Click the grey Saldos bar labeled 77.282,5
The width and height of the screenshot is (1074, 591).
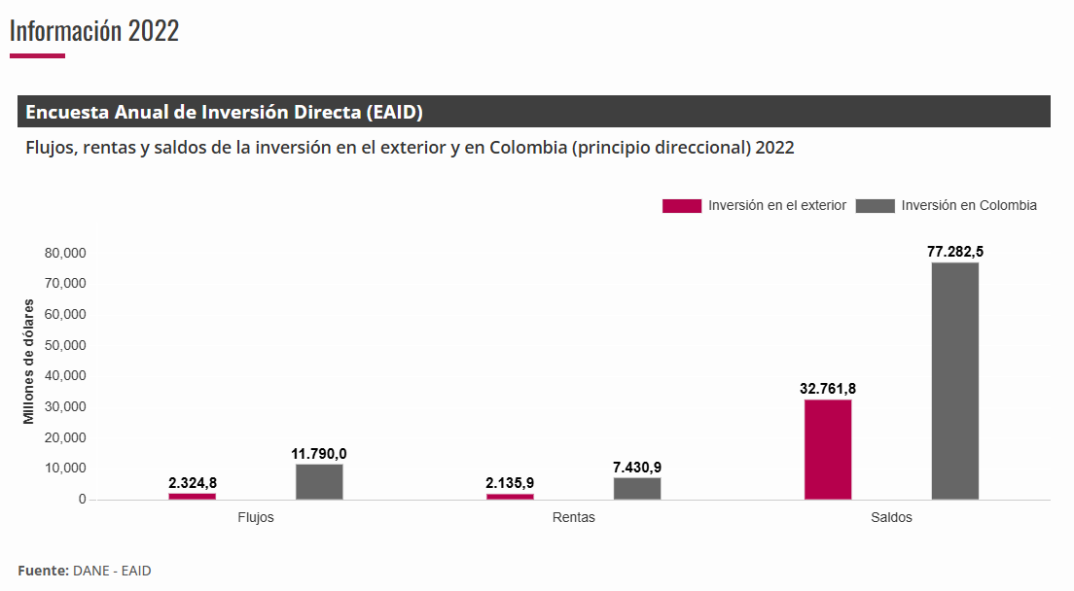tap(954, 380)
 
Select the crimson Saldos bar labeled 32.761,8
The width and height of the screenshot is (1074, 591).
tap(828, 449)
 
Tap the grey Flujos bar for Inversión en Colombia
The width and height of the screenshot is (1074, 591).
tap(319, 482)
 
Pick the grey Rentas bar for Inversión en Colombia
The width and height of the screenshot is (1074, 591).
tap(637, 488)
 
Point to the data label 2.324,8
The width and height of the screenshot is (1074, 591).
tap(193, 482)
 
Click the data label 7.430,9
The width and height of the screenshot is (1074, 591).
tap(637, 467)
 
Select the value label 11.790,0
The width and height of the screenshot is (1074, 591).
tap(319, 453)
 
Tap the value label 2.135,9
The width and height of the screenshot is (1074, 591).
tap(510, 482)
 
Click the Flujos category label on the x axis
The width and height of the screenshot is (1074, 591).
tap(256, 517)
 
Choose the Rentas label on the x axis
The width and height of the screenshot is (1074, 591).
tap(573, 517)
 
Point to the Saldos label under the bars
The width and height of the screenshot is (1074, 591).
tap(891, 517)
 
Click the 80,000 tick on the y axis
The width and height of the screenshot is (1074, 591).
tap(66, 253)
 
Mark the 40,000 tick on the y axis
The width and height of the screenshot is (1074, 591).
tap(66, 376)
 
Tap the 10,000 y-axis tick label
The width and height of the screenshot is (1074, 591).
tap(66, 469)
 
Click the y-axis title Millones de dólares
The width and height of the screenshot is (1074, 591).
tap(29, 360)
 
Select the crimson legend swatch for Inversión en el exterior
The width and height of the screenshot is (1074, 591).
tap(681, 206)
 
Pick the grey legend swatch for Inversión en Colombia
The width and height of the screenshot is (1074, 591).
tap(875, 206)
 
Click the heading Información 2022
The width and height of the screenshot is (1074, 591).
tap(94, 30)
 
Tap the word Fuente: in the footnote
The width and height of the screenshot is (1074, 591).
tap(43, 571)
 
